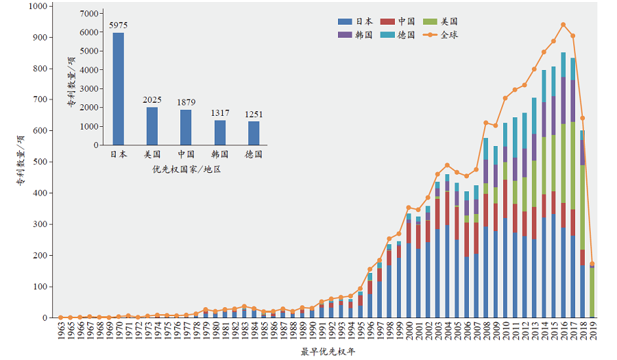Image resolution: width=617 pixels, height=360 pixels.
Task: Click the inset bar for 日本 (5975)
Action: tap(119, 89)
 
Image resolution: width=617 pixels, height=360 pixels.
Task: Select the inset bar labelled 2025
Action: tap(152, 126)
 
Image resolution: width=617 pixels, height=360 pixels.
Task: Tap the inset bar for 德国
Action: tap(254, 133)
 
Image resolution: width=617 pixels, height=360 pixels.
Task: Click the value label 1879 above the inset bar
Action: tap(186, 102)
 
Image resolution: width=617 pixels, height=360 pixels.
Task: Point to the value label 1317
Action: tap(219, 113)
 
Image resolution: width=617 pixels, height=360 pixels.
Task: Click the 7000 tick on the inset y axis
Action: tap(89, 14)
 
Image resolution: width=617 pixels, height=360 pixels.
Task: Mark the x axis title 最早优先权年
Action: tap(328, 352)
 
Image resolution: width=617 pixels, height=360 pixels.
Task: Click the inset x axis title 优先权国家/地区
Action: tap(186, 169)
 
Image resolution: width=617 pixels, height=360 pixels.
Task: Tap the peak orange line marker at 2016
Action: tap(563, 25)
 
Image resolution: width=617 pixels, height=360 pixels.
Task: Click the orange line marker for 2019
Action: tap(592, 264)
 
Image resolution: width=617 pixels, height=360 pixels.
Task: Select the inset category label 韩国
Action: tap(219, 154)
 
